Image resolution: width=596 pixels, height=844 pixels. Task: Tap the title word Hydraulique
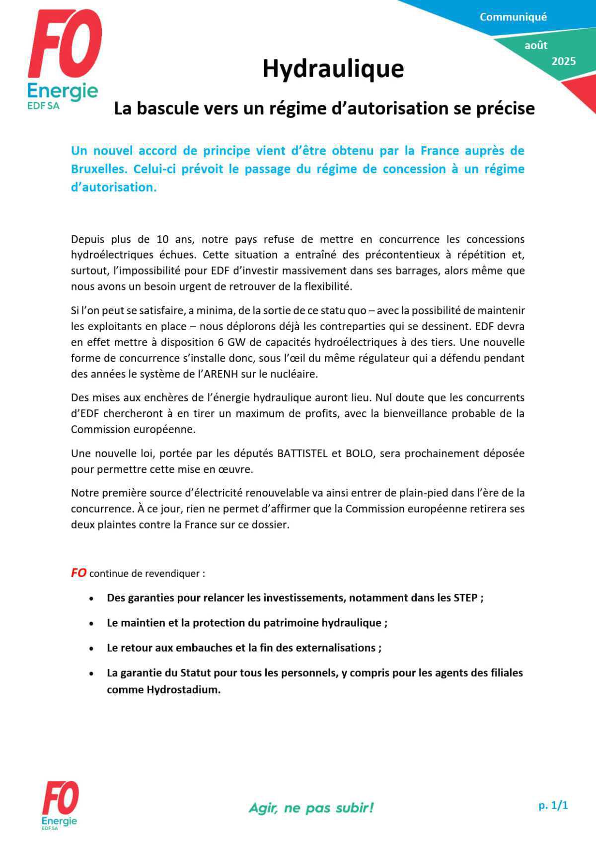point(333,69)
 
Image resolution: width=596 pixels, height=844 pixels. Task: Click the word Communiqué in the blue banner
point(513,17)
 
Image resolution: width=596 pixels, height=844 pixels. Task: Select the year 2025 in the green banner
point(564,61)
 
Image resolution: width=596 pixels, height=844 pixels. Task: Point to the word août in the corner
point(536,45)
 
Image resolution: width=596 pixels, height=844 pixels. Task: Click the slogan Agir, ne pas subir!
point(311,808)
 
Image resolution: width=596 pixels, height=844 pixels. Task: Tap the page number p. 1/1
point(553,805)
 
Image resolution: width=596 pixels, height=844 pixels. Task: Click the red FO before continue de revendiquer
point(78,573)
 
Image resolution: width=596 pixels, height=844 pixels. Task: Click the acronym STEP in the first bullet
point(465,598)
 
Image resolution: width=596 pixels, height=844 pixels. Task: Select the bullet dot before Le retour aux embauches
point(91,649)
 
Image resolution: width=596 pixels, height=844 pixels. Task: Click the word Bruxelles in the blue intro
point(99,169)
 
